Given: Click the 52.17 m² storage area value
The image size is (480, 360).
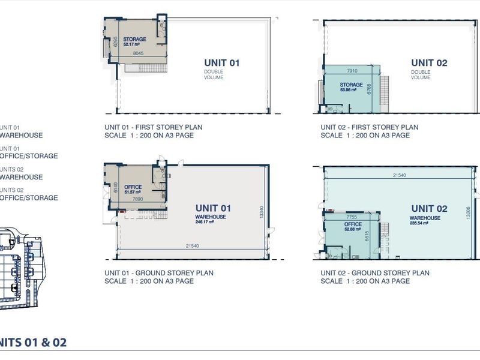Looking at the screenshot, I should point(131,44).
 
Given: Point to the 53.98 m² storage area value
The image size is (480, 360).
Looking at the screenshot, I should point(351,90).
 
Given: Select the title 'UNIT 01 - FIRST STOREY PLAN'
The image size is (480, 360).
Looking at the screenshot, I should point(153,127).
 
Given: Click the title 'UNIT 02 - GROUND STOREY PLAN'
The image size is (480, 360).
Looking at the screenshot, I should point(375,273).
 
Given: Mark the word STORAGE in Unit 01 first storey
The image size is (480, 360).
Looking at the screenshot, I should point(134,39).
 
